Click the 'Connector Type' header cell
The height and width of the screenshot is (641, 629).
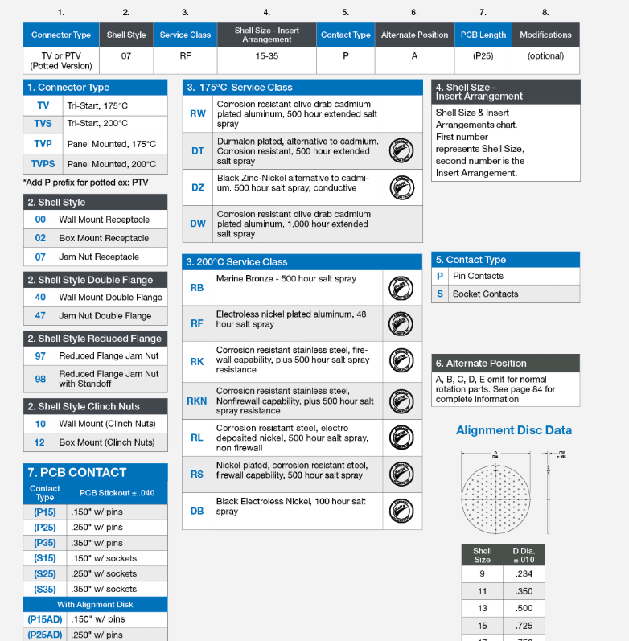coord(61,35)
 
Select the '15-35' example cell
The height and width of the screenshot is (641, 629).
coord(266,56)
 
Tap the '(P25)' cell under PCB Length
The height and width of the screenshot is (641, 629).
coord(483,56)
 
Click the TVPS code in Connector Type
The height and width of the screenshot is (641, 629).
coord(43,164)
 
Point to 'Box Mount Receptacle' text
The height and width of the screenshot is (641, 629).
coord(104,238)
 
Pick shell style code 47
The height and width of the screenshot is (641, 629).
coord(40,316)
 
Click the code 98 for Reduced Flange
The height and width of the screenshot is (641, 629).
coord(40,378)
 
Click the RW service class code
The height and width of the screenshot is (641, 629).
coord(197,113)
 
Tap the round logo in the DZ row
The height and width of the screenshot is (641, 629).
coord(401,188)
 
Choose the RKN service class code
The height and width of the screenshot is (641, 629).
coord(197,400)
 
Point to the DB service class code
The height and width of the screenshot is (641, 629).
coord(197,511)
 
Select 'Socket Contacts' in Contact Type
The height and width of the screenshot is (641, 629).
coord(485,294)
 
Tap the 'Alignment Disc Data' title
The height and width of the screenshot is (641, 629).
coord(514,430)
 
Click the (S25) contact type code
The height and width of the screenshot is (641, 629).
coord(45,573)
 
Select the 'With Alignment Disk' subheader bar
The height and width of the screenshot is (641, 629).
coord(95,604)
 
